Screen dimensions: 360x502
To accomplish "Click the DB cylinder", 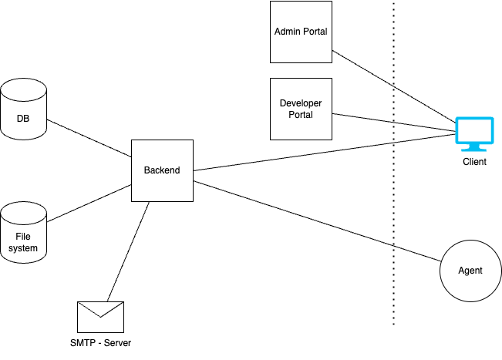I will pos(24,108).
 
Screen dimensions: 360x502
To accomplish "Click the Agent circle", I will pos(470,271).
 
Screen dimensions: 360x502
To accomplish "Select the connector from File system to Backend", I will pos(89,202).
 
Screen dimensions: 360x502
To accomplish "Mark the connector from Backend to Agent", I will pos(316,220).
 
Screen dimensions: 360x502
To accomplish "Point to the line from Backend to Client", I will pos(324,153).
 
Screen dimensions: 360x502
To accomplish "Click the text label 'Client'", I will pos(474,162).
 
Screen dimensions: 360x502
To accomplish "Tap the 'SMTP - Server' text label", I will pos(100,342).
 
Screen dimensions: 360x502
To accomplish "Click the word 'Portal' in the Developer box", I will pos(301,115).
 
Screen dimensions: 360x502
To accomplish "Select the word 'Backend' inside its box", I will pos(161,170).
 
